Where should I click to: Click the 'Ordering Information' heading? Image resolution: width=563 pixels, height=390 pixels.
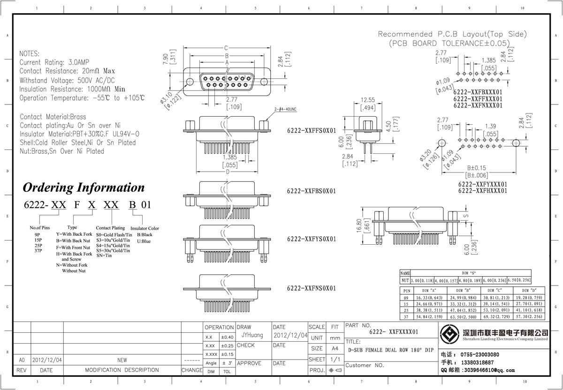coord(84,187)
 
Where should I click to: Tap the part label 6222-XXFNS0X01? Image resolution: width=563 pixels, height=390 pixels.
coord(312,288)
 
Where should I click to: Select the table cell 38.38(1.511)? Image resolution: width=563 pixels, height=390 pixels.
coord(426,310)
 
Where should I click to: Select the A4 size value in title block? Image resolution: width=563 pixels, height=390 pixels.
coord(335,349)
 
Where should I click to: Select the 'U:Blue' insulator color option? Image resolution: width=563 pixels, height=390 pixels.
coord(144,241)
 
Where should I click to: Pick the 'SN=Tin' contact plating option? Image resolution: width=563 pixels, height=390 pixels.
coord(103,256)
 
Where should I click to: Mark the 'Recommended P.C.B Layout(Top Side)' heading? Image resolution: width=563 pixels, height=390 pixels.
coord(452,34)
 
